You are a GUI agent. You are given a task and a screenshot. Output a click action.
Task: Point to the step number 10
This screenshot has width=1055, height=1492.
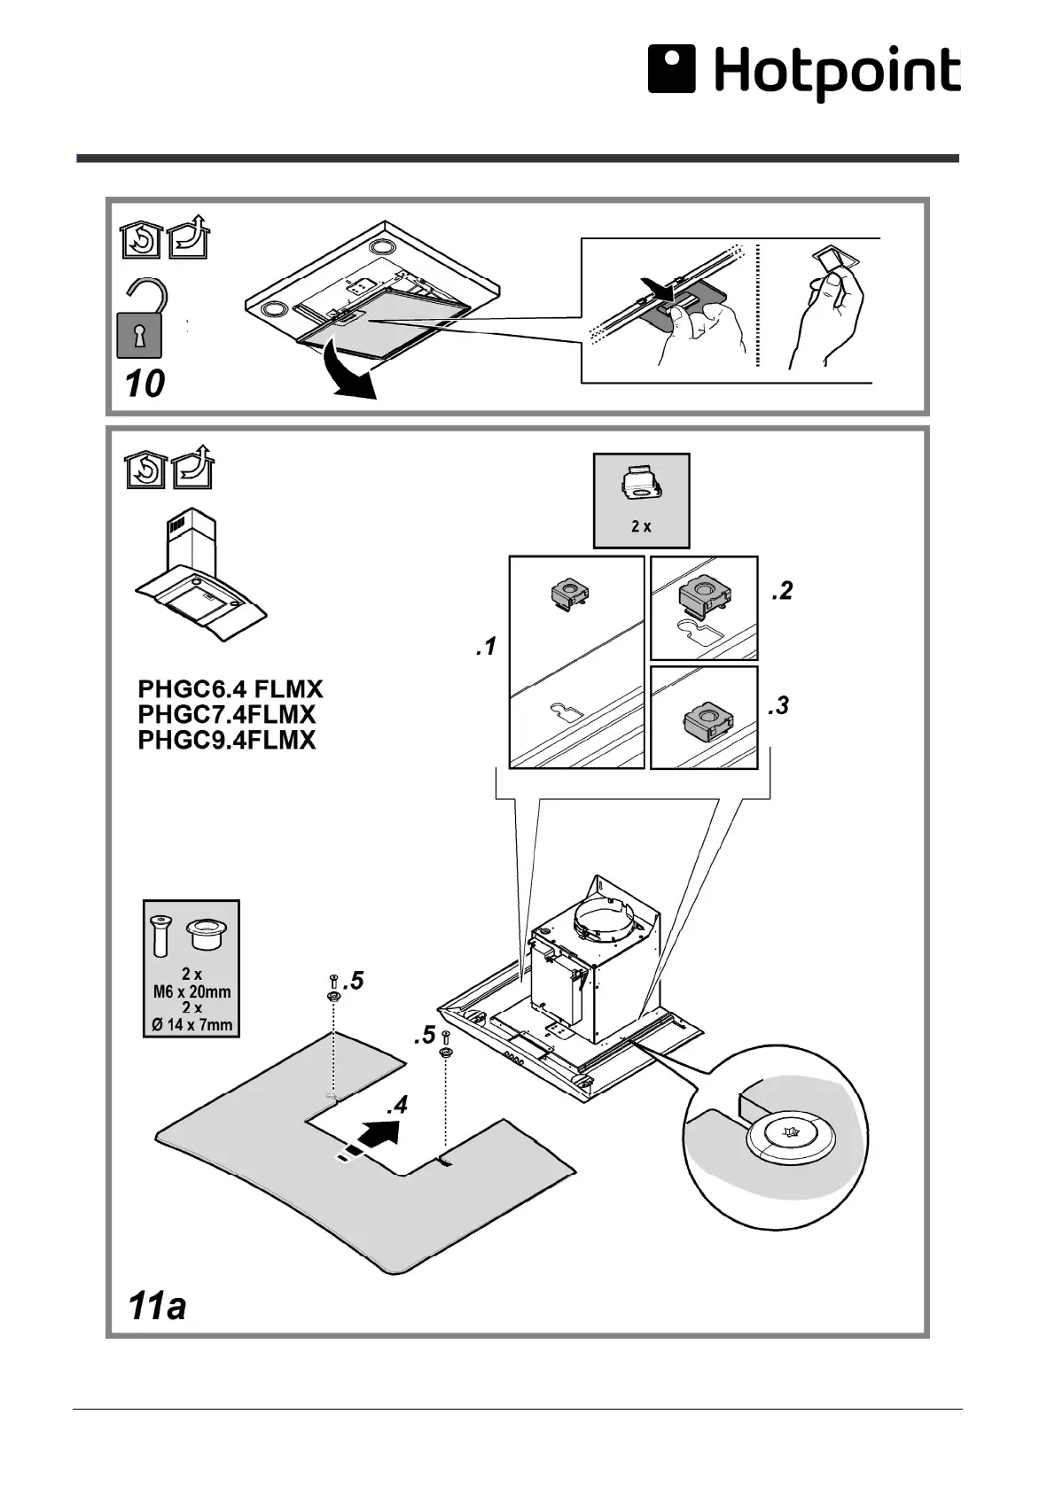(x=145, y=384)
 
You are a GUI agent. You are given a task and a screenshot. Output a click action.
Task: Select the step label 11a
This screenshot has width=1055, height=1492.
(x=157, y=1307)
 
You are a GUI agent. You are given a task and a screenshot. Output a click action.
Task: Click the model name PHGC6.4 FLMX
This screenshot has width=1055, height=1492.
(x=231, y=689)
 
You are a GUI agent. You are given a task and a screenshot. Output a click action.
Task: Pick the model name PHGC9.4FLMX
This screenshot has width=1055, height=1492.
(x=227, y=740)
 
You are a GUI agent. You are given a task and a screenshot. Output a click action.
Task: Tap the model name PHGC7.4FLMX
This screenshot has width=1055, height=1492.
(x=227, y=714)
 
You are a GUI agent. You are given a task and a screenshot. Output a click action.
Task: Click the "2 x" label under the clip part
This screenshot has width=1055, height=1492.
(x=641, y=526)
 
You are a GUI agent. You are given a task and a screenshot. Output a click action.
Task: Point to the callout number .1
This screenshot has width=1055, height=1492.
(x=485, y=649)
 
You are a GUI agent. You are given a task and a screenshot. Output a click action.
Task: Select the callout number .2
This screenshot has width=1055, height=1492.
(x=781, y=592)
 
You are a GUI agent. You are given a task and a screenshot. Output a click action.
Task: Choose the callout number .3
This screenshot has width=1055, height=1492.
(x=778, y=707)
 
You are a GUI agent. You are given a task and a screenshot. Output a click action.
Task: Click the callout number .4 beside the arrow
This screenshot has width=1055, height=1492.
(x=397, y=1106)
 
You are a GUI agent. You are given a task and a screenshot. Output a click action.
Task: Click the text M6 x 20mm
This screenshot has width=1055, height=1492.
(x=191, y=991)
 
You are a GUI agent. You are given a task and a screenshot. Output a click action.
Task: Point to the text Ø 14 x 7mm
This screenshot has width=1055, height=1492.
(x=191, y=1026)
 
